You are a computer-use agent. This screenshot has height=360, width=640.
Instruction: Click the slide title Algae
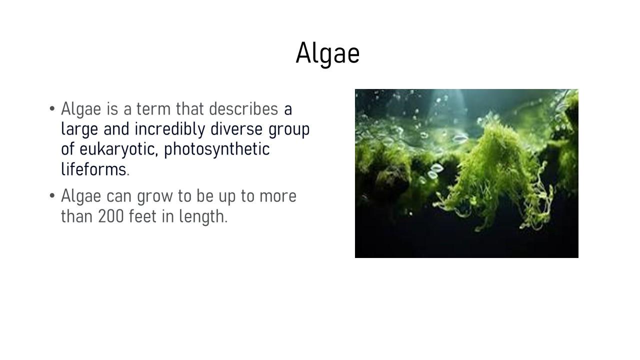click(x=327, y=53)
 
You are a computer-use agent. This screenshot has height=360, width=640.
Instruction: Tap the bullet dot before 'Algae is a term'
click(x=52, y=109)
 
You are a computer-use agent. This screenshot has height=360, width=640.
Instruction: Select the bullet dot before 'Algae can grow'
click(x=52, y=196)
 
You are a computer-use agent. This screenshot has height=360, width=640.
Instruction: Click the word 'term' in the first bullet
click(x=153, y=109)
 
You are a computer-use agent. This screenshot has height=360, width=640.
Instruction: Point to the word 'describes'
click(x=243, y=109)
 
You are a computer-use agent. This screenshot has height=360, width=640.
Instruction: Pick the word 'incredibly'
click(x=169, y=129)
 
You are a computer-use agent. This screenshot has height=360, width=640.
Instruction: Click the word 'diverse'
click(x=236, y=129)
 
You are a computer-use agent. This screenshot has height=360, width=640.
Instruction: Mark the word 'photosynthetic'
click(x=217, y=149)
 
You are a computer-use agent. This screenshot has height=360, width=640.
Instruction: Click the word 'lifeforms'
click(x=93, y=169)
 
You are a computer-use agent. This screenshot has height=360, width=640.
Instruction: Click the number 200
click(x=111, y=216)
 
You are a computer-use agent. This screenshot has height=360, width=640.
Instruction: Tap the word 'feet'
click(x=142, y=216)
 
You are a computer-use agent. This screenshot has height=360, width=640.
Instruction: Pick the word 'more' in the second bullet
click(x=277, y=196)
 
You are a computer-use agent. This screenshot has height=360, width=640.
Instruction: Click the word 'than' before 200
click(x=76, y=216)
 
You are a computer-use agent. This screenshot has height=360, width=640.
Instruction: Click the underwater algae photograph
click(x=466, y=173)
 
